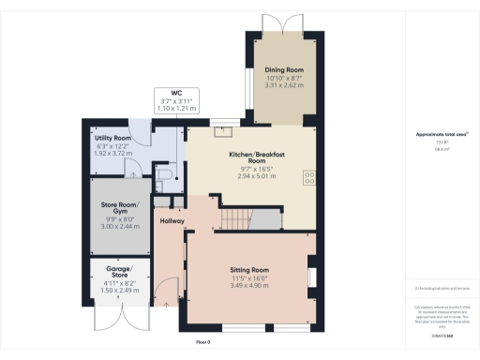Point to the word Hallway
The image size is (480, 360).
click(172, 221)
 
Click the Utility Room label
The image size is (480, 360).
click(112, 139)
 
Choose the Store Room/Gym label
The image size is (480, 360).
click(119, 208)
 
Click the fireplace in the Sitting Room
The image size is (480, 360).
click(312, 278)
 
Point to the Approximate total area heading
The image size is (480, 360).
click(442, 134)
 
